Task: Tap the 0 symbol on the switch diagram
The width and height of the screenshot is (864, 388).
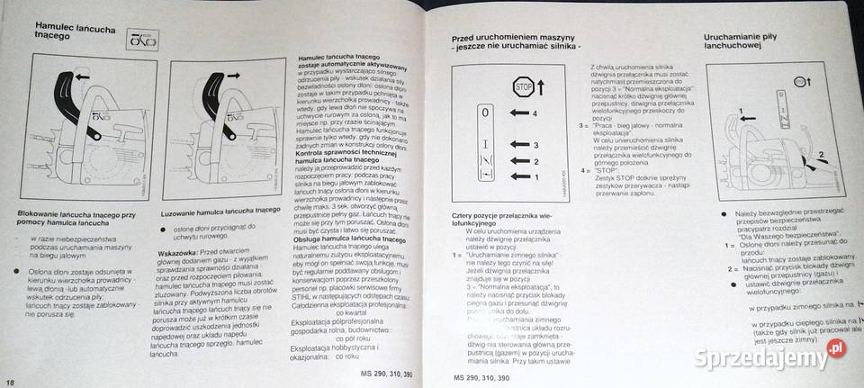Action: coord(485,114)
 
